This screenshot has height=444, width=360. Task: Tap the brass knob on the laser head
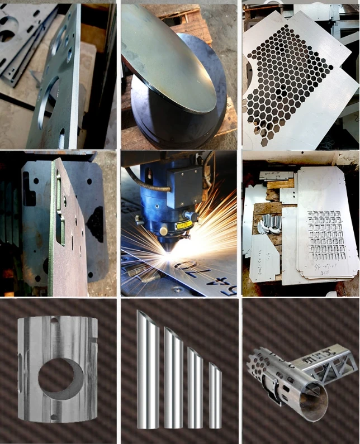(x=163, y=231)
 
